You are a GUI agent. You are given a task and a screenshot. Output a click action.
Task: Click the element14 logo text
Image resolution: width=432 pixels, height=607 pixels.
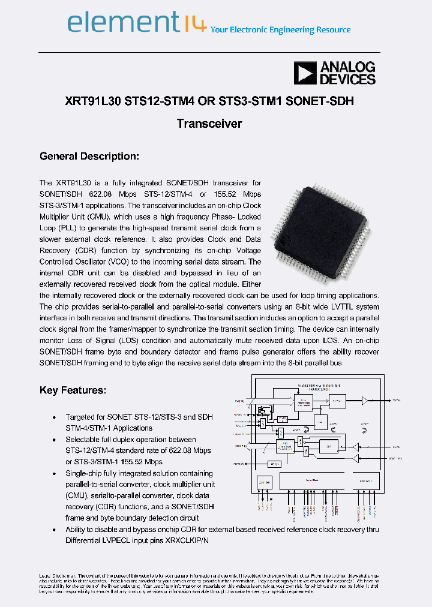pos(137,24)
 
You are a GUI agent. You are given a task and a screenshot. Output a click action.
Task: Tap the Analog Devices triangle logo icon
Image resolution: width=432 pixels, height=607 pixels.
pos(305,73)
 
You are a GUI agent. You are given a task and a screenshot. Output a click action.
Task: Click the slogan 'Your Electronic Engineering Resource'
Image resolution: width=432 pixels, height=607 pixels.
pos(281,29)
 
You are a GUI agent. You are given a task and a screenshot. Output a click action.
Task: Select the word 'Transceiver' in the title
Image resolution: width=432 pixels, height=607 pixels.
pos(209,124)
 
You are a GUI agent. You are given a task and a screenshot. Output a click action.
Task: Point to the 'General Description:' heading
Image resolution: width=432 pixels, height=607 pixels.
pos(89,157)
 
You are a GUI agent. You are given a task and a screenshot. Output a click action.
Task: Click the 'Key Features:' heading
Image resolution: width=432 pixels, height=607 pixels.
pos(73,390)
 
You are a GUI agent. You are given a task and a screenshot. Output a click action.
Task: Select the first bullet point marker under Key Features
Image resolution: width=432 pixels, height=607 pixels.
pos(55,417)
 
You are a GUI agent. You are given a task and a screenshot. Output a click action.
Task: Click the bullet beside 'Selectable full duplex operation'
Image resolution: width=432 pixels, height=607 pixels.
pos(55,440)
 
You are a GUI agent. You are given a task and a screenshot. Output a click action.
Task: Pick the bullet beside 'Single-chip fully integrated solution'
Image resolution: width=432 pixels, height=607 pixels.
pos(55,473)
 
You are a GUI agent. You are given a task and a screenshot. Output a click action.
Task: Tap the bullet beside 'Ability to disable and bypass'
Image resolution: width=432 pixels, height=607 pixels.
pos(55,530)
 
